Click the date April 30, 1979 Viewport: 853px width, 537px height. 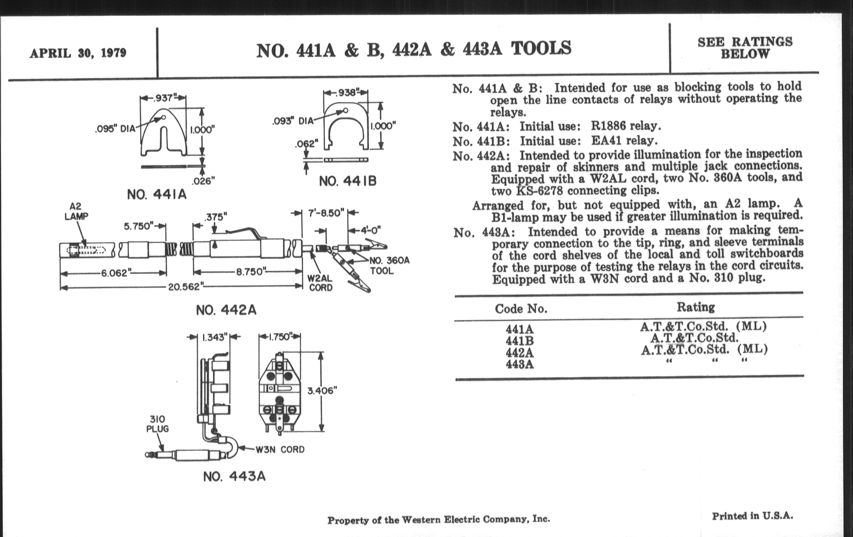click(x=78, y=53)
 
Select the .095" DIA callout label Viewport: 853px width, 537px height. click(x=115, y=128)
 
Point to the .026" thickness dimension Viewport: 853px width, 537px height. click(x=203, y=181)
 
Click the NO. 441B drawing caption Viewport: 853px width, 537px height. click(x=348, y=181)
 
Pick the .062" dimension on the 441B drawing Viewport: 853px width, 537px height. click(x=307, y=144)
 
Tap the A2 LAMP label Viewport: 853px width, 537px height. click(x=76, y=211)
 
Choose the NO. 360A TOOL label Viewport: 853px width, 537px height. click(x=389, y=266)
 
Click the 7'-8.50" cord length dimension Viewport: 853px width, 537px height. click(x=325, y=213)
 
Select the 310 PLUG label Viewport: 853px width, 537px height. click(x=157, y=424)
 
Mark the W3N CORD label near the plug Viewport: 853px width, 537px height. click(x=280, y=450)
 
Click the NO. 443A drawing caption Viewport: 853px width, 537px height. click(x=234, y=476)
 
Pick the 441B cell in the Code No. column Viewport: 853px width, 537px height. click(x=519, y=341)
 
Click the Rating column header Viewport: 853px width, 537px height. click(x=696, y=307)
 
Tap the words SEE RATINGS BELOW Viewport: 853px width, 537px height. click(x=745, y=48)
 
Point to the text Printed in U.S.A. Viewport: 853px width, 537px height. click(x=752, y=516)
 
